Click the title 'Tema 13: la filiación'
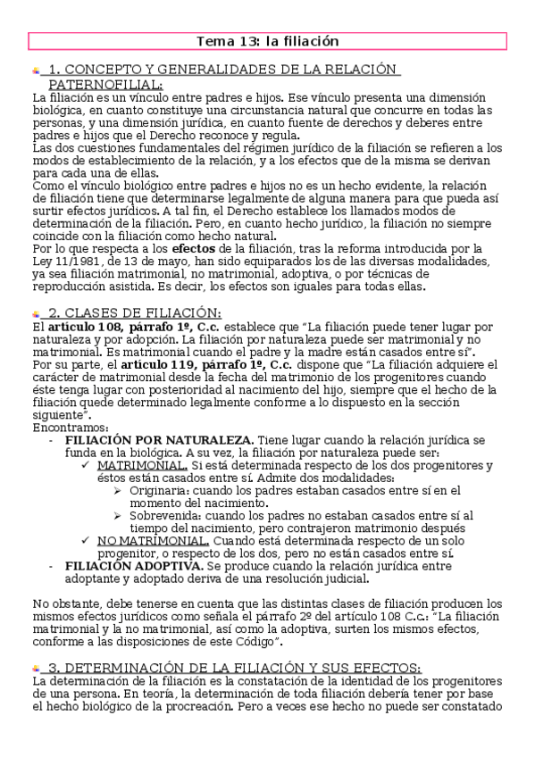pyautogui.click(x=267, y=41)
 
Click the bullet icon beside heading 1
pyautogui.click(x=36, y=71)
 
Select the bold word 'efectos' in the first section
pyautogui.click(x=194, y=248)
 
